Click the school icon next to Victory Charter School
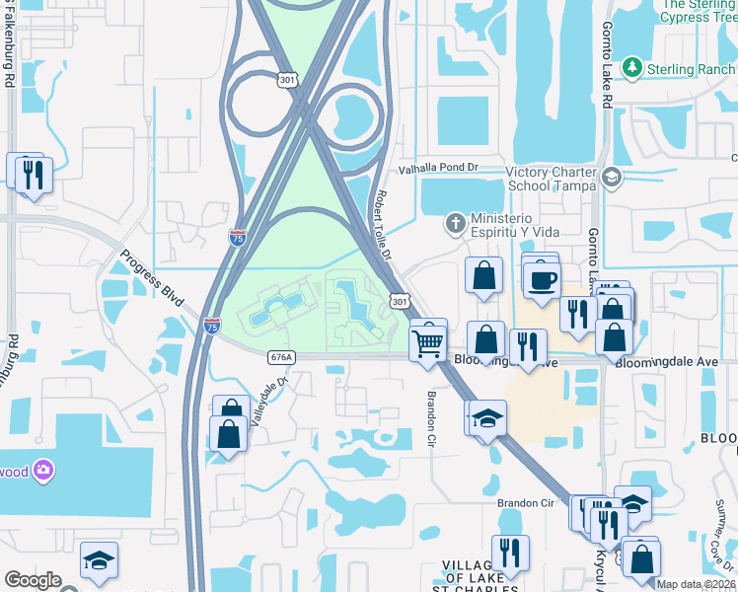coord(611,179)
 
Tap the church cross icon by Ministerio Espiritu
coord(455,221)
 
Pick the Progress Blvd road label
coord(154,279)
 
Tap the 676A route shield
coord(281,357)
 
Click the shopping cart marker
coord(428,342)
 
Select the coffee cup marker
coord(541,279)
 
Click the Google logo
coord(33,580)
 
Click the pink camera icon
coord(43,471)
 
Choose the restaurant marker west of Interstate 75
coord(34,175)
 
